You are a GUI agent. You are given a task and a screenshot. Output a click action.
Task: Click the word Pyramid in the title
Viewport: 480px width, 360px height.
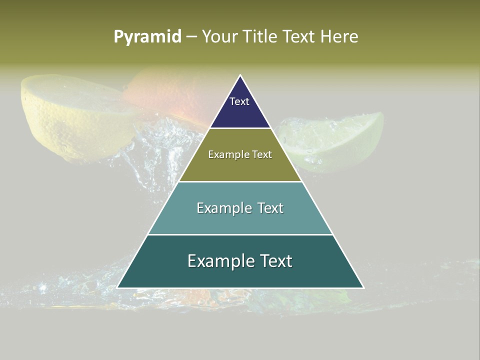click(147, 37)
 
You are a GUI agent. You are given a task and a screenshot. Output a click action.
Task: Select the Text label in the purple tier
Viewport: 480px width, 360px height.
click(239, 101)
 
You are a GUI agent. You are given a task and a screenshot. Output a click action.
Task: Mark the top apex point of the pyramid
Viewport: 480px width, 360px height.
click(240, 75)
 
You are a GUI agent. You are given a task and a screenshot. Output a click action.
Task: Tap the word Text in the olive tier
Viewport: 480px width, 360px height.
click(262, 154)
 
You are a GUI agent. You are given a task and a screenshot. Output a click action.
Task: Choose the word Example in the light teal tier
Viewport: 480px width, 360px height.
click(224, 208)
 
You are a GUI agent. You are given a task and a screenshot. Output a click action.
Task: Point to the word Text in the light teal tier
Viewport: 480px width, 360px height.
click(270, 208)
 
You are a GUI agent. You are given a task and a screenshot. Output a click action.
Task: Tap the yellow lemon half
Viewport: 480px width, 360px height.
click(70, 115)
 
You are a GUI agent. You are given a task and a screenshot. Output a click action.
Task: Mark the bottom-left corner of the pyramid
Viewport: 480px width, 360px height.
click(117, 287)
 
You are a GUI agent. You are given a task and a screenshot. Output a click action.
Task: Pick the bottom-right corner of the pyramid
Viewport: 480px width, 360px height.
click(363, 287)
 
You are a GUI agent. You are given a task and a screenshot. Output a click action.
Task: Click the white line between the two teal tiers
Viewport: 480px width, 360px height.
click(240, 234)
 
